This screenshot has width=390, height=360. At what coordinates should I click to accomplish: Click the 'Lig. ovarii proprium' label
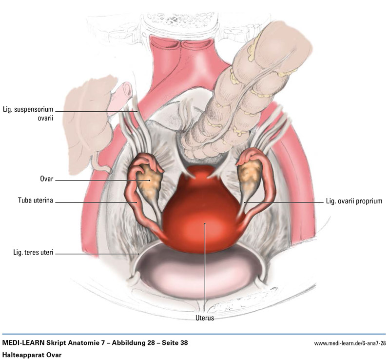coord(353,201)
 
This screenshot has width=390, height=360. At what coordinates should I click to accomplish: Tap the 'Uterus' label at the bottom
coord(204,318)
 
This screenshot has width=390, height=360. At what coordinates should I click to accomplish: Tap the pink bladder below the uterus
coord(200,273)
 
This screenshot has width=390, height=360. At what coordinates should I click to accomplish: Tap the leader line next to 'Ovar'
coord(97,180)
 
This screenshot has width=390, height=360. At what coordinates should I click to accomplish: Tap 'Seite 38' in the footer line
coord(172,343)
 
